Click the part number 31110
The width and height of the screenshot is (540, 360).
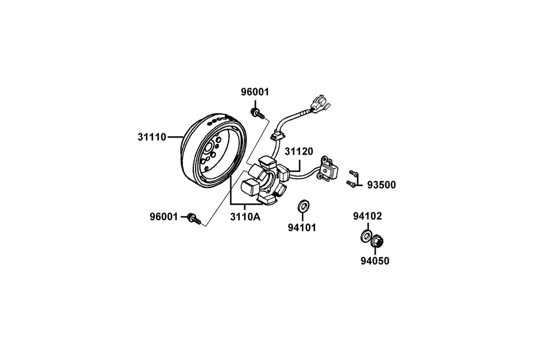(152, 137)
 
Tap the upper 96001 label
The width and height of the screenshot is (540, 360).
(255, 92)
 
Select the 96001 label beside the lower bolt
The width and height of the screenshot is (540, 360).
(164, 217)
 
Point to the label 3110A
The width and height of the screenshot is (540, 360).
(245, 217)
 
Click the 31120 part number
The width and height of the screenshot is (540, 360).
(299, 151)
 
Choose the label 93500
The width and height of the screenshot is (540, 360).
(382, 185)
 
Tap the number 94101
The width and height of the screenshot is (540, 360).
(302, 228)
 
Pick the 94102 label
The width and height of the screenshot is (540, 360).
(367, 216)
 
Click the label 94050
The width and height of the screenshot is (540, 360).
(375, 261)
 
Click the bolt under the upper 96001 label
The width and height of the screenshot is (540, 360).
(257, 113)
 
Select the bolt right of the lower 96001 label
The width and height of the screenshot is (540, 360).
(194, 219)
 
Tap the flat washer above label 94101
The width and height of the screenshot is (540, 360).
(304, 205)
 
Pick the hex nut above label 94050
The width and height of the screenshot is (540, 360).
(377, 241)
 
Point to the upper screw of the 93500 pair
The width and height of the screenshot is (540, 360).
(353, 172)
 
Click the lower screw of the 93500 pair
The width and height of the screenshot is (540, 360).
(351, 184)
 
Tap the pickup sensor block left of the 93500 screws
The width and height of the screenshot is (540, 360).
(329, 168)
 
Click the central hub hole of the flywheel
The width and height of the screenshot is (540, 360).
(209, 148)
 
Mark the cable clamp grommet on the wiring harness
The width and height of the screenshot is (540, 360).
(278, 134)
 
